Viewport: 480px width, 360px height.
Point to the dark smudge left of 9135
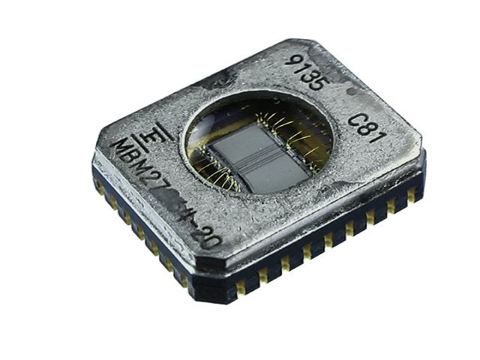pyautogui.click(x=225, y=76)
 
